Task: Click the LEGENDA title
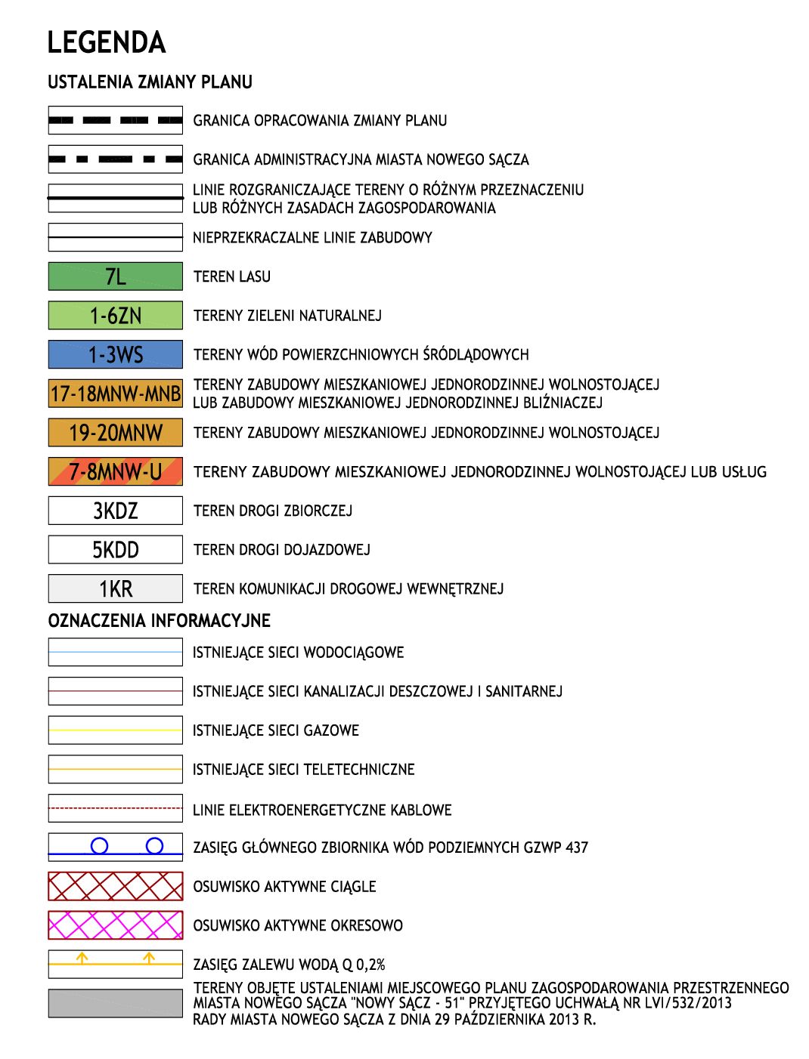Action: click(106, 42)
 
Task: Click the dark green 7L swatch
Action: click(115, 276)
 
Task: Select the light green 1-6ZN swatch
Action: click(115, 315)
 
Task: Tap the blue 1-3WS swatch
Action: click(115, 354)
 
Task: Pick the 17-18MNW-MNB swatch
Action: click(115, 394)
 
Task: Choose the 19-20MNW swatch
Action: click(115, 433)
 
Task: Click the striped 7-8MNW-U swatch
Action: click(115, 472)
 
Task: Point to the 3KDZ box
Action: click(115, 511)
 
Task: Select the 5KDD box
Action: click(115, 550)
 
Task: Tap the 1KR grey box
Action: click(115, 588)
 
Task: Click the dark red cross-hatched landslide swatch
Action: click(115, 886)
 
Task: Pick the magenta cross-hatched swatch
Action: click(115, 925)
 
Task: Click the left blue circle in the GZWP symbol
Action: click(99, 846)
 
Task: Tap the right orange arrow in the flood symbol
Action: click(149, 958)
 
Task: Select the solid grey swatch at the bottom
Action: click(115, 1003)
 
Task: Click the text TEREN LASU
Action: click(231, 276)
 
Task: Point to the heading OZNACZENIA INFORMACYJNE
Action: click(159, 621)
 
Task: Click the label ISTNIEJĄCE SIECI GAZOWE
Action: click(275, 730)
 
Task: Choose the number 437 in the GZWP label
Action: click(576, 848)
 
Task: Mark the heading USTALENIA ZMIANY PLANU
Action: click(150, 82)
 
